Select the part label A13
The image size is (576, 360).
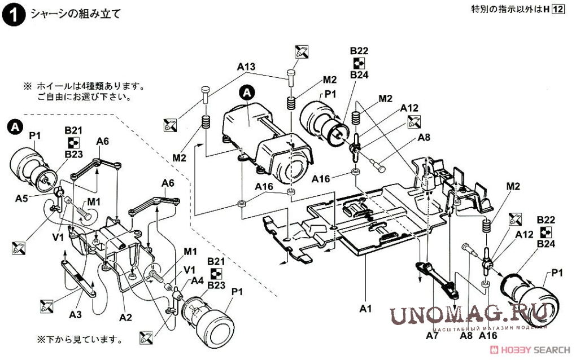pyautogui.click(x=246, y=67)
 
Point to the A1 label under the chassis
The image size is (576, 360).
pyautogui.click(x=365, y=309)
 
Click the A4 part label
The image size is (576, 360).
pyautogui.click(x=197, y=280)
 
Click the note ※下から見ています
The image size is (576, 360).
pyautogui.click(x=79, y=340)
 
